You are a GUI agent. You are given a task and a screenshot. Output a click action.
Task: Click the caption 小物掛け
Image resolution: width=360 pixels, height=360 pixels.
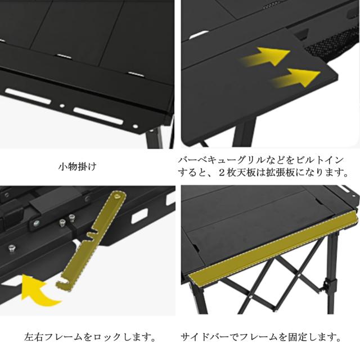78,167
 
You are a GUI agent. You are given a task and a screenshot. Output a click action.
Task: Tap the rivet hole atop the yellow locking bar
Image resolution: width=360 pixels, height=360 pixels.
118,198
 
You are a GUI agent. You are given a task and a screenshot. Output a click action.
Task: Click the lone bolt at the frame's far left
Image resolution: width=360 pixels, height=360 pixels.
11,247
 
